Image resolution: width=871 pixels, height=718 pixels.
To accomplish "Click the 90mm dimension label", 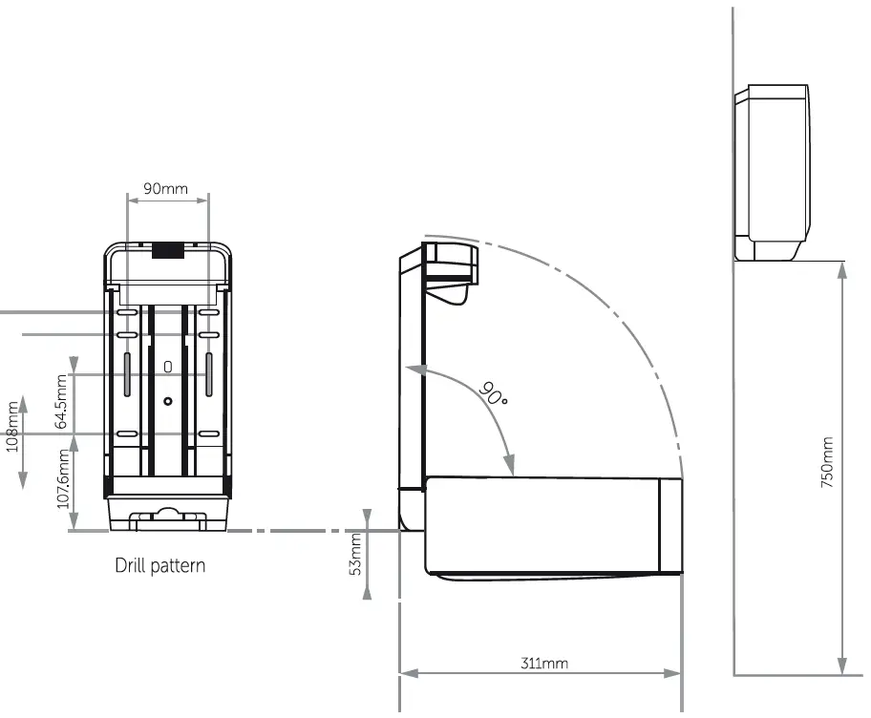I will point(166,188).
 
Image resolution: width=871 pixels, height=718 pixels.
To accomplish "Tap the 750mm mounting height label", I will point(827,463).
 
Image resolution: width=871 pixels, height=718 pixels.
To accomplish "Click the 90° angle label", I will point(494,392).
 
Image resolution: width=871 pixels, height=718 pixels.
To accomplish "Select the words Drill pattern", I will point(159,565).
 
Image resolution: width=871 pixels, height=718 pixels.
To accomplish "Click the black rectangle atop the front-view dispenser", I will point(168,250).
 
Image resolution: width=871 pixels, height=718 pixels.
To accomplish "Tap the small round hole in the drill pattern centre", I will point(168,401).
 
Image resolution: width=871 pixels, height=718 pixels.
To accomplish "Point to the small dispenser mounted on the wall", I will point(773,172).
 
